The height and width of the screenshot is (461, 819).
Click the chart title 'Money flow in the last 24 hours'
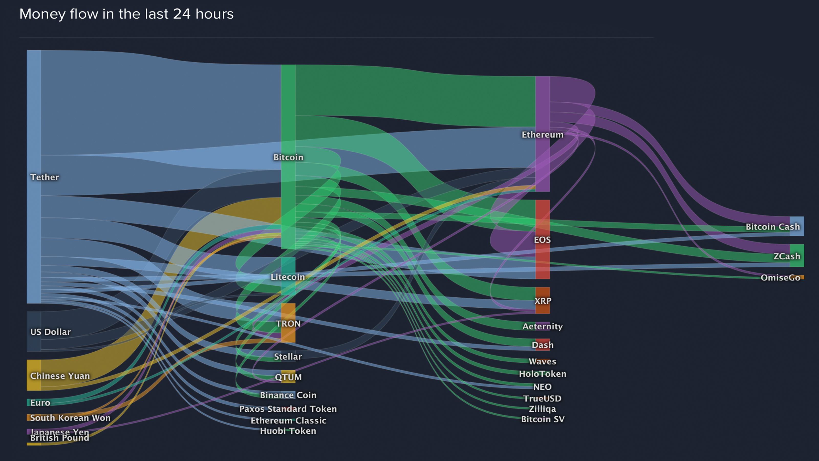(126, 14)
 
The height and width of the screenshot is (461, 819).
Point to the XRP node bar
(542, 301)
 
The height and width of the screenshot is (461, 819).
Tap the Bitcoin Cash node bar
(797, 226)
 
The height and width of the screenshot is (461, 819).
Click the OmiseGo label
(780, 278)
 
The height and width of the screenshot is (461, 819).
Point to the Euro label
(40, 403)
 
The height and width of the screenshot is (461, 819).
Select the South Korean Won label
(70, 418)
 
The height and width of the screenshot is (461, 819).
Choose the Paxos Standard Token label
(288, 409)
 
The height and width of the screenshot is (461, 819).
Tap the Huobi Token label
(288, 431)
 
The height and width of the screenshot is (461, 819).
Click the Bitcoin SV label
(542, 419)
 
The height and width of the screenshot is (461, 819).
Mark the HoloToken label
(542, 374)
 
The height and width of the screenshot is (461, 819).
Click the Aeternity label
(542, 327)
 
